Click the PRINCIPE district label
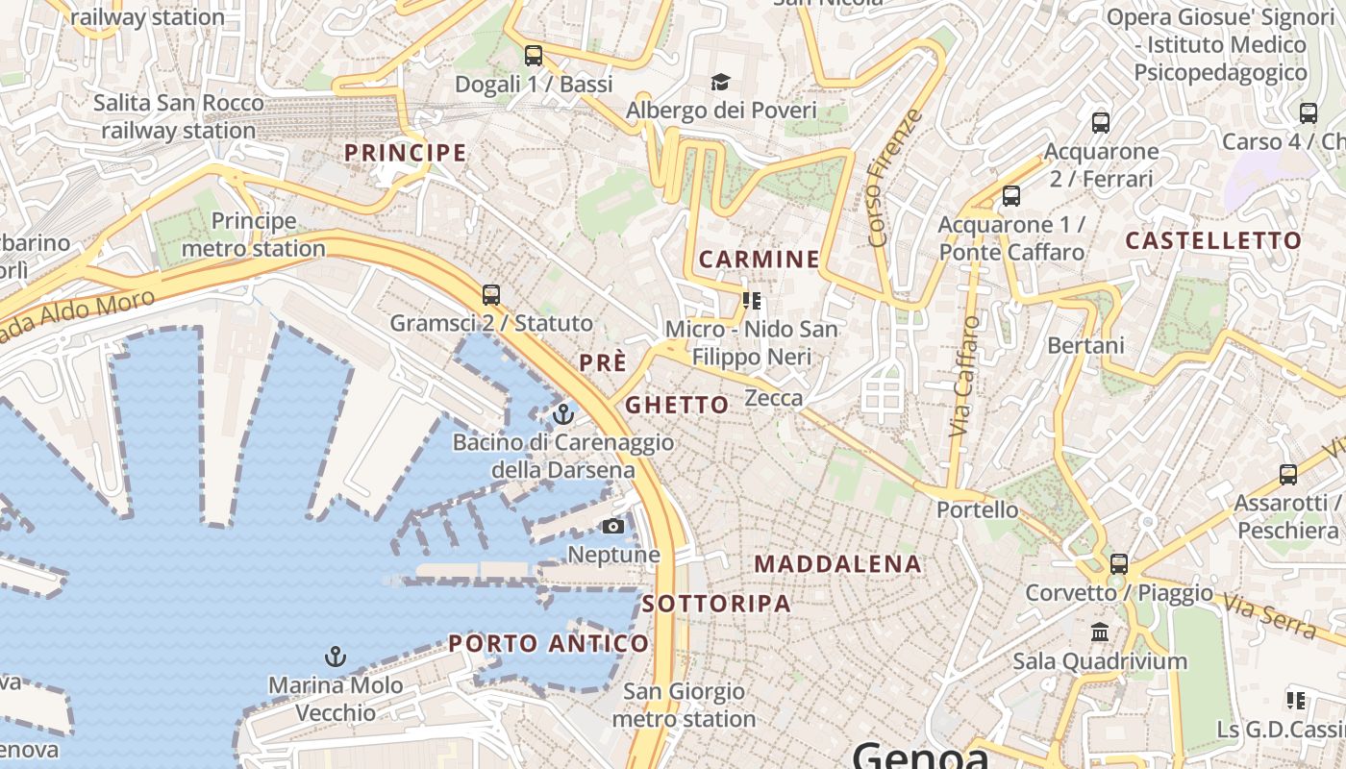tap(405, 153)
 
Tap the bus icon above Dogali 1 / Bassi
tap(534, 56)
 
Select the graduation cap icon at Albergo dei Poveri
tap(720, 82)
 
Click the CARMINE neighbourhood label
tap(760, 259)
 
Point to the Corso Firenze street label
tap(894, 178)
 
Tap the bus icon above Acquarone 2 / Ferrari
tap(1101, 123)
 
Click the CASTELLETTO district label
tap(1213, 240)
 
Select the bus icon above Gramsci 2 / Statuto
tap(491, 294)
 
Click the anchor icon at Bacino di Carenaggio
tap(563, 414)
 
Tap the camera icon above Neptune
tap(612, 526)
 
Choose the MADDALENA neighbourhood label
tap(838, 564)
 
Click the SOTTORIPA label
tap(716, 604)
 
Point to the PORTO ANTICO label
tap(549, 643)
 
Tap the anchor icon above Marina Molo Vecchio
tap(336, 657)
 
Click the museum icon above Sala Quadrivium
tap(1100, 633)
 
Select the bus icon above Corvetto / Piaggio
tap(1119, 564)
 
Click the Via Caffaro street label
tap(964, 377)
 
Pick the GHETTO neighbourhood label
tap(677, 405)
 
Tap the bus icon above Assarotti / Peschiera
tap(1288, 474)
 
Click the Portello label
tap(977, 509)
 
